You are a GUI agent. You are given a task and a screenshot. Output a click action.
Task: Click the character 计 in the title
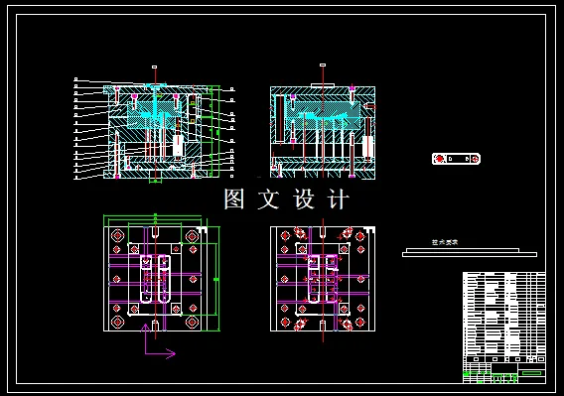point(338,199)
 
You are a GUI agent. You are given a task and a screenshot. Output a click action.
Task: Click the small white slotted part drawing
point(457,159)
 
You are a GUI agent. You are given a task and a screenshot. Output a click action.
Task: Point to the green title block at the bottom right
point(504,371)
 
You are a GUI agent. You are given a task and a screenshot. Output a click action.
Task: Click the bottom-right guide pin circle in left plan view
point(192,321)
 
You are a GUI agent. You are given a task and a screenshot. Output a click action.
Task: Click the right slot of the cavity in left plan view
point(164,280)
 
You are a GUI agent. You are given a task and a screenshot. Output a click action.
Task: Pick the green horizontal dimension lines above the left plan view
point(155,220)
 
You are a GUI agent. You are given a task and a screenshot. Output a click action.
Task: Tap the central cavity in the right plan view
point(323,279)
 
